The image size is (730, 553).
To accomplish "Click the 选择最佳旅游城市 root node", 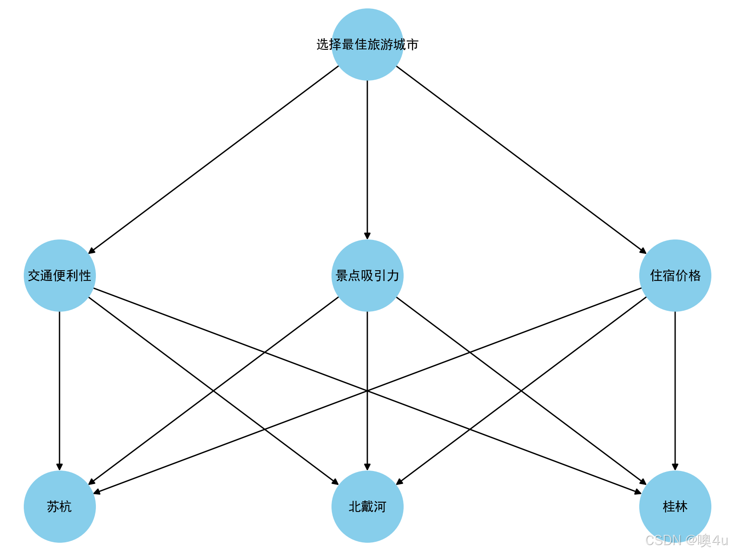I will [x=367, y=44].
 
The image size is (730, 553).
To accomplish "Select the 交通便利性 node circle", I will [x=60, y=275].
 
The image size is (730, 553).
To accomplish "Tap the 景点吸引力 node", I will [x=367, y=275].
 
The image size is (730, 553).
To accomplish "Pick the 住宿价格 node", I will [x=675, y=275].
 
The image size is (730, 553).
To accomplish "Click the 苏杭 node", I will [x=60, y=506].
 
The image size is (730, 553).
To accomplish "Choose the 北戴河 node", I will [x=367, y=506].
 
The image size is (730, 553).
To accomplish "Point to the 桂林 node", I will [x=675, y=506].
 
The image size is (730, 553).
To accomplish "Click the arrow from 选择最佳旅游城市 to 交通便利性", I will [x=213, y=160].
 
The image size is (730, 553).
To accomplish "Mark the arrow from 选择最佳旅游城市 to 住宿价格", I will [x=521, y=160].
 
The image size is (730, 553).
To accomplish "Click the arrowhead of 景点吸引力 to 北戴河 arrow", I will [x=367, y=467].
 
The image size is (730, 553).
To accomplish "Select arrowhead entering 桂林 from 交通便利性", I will [x=638, y=492].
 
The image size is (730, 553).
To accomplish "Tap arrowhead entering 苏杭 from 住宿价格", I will [x=97, y=492].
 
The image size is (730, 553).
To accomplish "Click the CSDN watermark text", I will [x=686, y=540].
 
